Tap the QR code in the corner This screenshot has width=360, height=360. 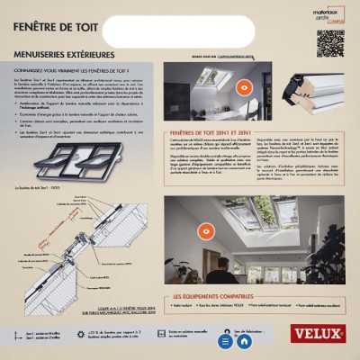point(329,42)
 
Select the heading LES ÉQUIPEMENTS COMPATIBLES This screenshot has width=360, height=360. point(217,295)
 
